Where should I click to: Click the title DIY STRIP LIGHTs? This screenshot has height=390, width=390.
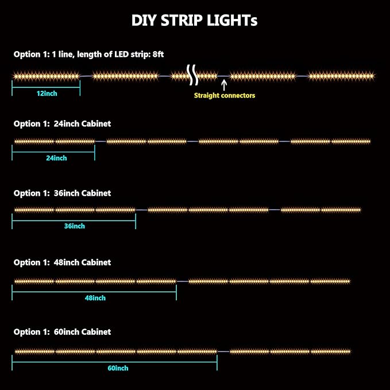pyautogui.click(x=194, y=21)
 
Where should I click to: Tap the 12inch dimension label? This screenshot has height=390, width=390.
pyautogui.click(x=47, y=94)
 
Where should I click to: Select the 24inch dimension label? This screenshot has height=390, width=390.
pyautogui.click(x=56, y=158)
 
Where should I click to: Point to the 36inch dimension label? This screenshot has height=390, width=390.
pyautogui.click(x=75, y=226)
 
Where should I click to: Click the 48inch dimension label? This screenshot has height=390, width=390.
pyautogui.click(x=95, y=298)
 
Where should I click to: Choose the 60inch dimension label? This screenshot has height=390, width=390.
pyautogui.click(x=118, y=368)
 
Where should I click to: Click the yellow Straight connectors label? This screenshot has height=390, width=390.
pyautogui.click(x=225, y=95)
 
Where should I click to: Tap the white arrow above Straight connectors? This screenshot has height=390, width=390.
pyautogui.click(x=224, y=85)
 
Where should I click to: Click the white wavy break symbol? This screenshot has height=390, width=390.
pyautogui.click(x=192, y=75)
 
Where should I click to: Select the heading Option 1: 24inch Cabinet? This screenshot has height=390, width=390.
pyautogui.click(x=62, y=123)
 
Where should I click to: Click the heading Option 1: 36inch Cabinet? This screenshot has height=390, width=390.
pyautogui.click(x=62, y=193)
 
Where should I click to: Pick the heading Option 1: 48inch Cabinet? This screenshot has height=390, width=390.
pyautogui.click(x=62, y=262)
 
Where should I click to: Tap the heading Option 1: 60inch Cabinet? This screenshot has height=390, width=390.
pyautogui.click(x=62, y=332)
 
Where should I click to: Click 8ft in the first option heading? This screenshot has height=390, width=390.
pyautogui.click(x=158, y=54)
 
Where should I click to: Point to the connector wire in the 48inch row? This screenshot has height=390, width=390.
pyautogui.click(x=183, y=281)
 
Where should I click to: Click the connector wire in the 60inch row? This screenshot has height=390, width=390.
pyautogui.click(x=223, y=352)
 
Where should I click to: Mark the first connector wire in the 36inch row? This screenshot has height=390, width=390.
pyautogui.click(x=141, y=210)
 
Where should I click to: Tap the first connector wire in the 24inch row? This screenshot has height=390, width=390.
pyautogui.click(x=101, y=141)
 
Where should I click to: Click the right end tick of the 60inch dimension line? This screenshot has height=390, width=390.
pyautogui.click(x=217, y=362)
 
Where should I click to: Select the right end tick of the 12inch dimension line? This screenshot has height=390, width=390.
pyautogui.click(x=80, y=88)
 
